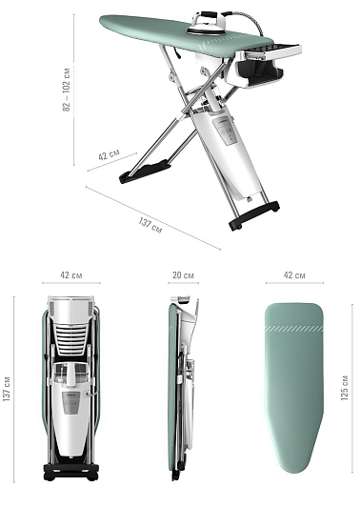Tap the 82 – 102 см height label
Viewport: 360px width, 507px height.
click(67, 90)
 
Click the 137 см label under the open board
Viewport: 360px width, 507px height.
click(150, 225)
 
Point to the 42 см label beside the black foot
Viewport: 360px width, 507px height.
click(109, 154)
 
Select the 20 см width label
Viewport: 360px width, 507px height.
click(183, 275)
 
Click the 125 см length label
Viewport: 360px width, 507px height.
click(345, 388)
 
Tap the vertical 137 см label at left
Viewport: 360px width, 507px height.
click(7, 389)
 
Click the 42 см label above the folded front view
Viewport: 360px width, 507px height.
click(71, 275)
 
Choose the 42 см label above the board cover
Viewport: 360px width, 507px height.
click(294, 275)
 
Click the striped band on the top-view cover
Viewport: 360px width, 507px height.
click(294, 329)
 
